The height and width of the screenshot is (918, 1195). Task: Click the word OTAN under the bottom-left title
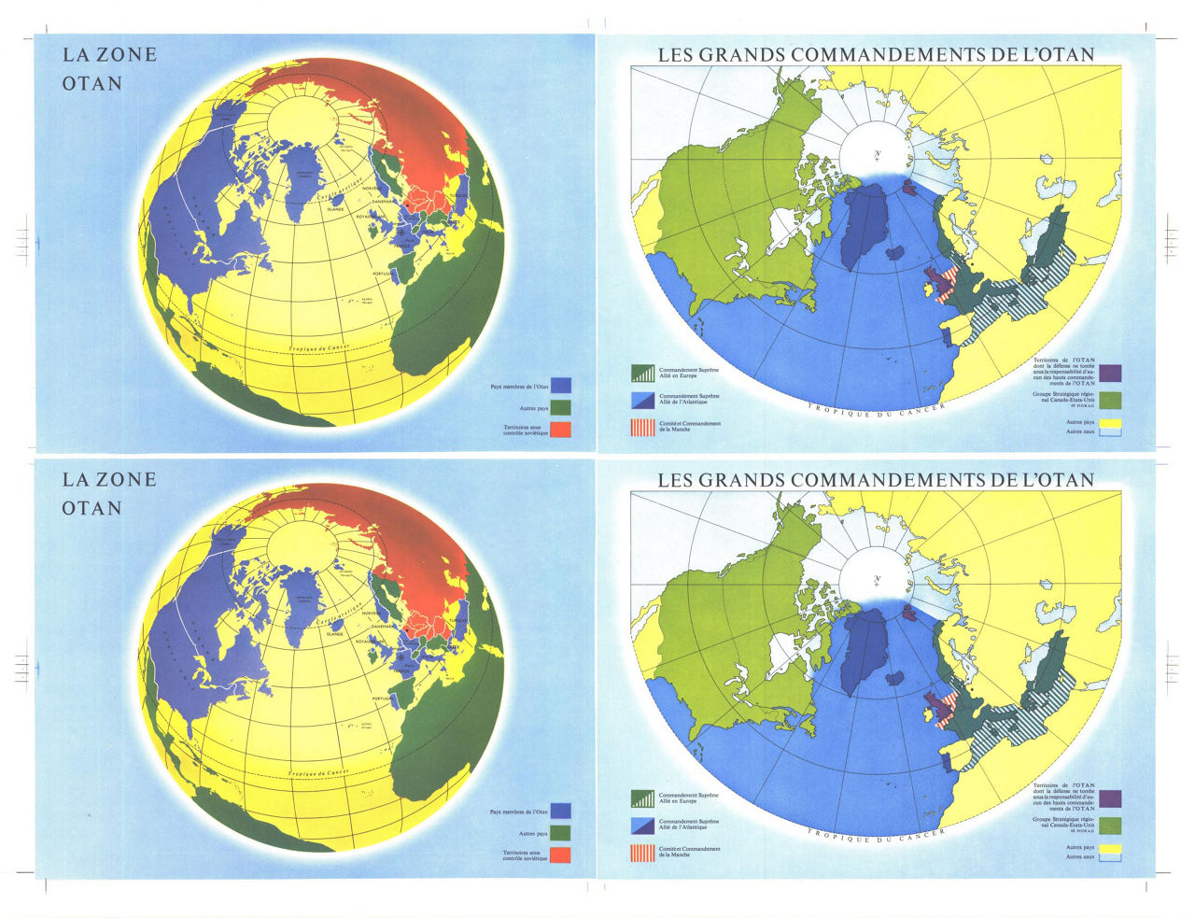coord(92,508)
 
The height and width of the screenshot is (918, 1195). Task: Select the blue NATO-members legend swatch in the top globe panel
coord(560,385)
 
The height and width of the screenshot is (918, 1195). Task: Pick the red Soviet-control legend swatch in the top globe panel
coord(560,430)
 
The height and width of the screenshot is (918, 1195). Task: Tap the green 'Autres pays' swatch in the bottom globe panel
coord(560,833)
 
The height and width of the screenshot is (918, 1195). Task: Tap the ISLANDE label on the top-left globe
coord(335,209)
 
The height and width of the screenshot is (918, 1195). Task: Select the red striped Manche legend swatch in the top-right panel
coord(643,429)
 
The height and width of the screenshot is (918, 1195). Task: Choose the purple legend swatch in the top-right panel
coord(1110,373)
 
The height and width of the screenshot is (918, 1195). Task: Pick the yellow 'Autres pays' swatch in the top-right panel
coord(1110,425)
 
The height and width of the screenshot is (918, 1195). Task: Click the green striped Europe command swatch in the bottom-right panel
coord(643,798)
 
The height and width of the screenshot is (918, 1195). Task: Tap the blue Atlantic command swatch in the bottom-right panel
coord(643,826)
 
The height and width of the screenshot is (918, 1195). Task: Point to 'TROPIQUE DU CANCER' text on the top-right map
coord(878,408)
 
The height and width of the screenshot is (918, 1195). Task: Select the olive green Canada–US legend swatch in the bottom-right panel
coord(1110,825)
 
